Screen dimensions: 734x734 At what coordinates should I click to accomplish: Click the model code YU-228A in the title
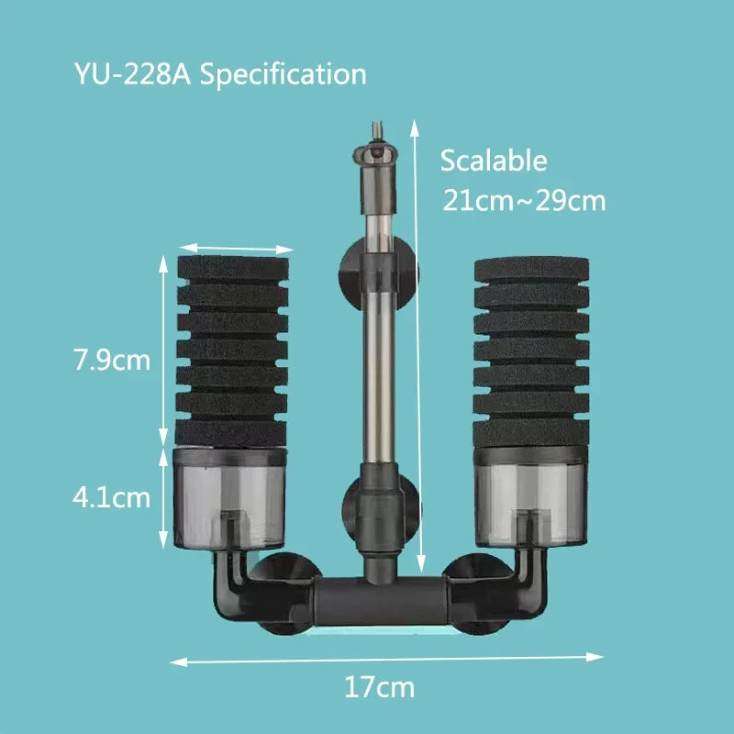pyautogui.click(x=132, y=73)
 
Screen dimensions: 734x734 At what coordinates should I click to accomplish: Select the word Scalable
pyautogui.click(x=494, y=161)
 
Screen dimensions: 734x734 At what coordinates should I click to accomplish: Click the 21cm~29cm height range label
pyautogui.click(x=524, y=200)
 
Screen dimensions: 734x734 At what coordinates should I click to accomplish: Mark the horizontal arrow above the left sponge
pyautogui.click(x=237, y=248)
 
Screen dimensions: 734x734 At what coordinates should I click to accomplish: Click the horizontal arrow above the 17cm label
pyautogui.click(x=386, y=657)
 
